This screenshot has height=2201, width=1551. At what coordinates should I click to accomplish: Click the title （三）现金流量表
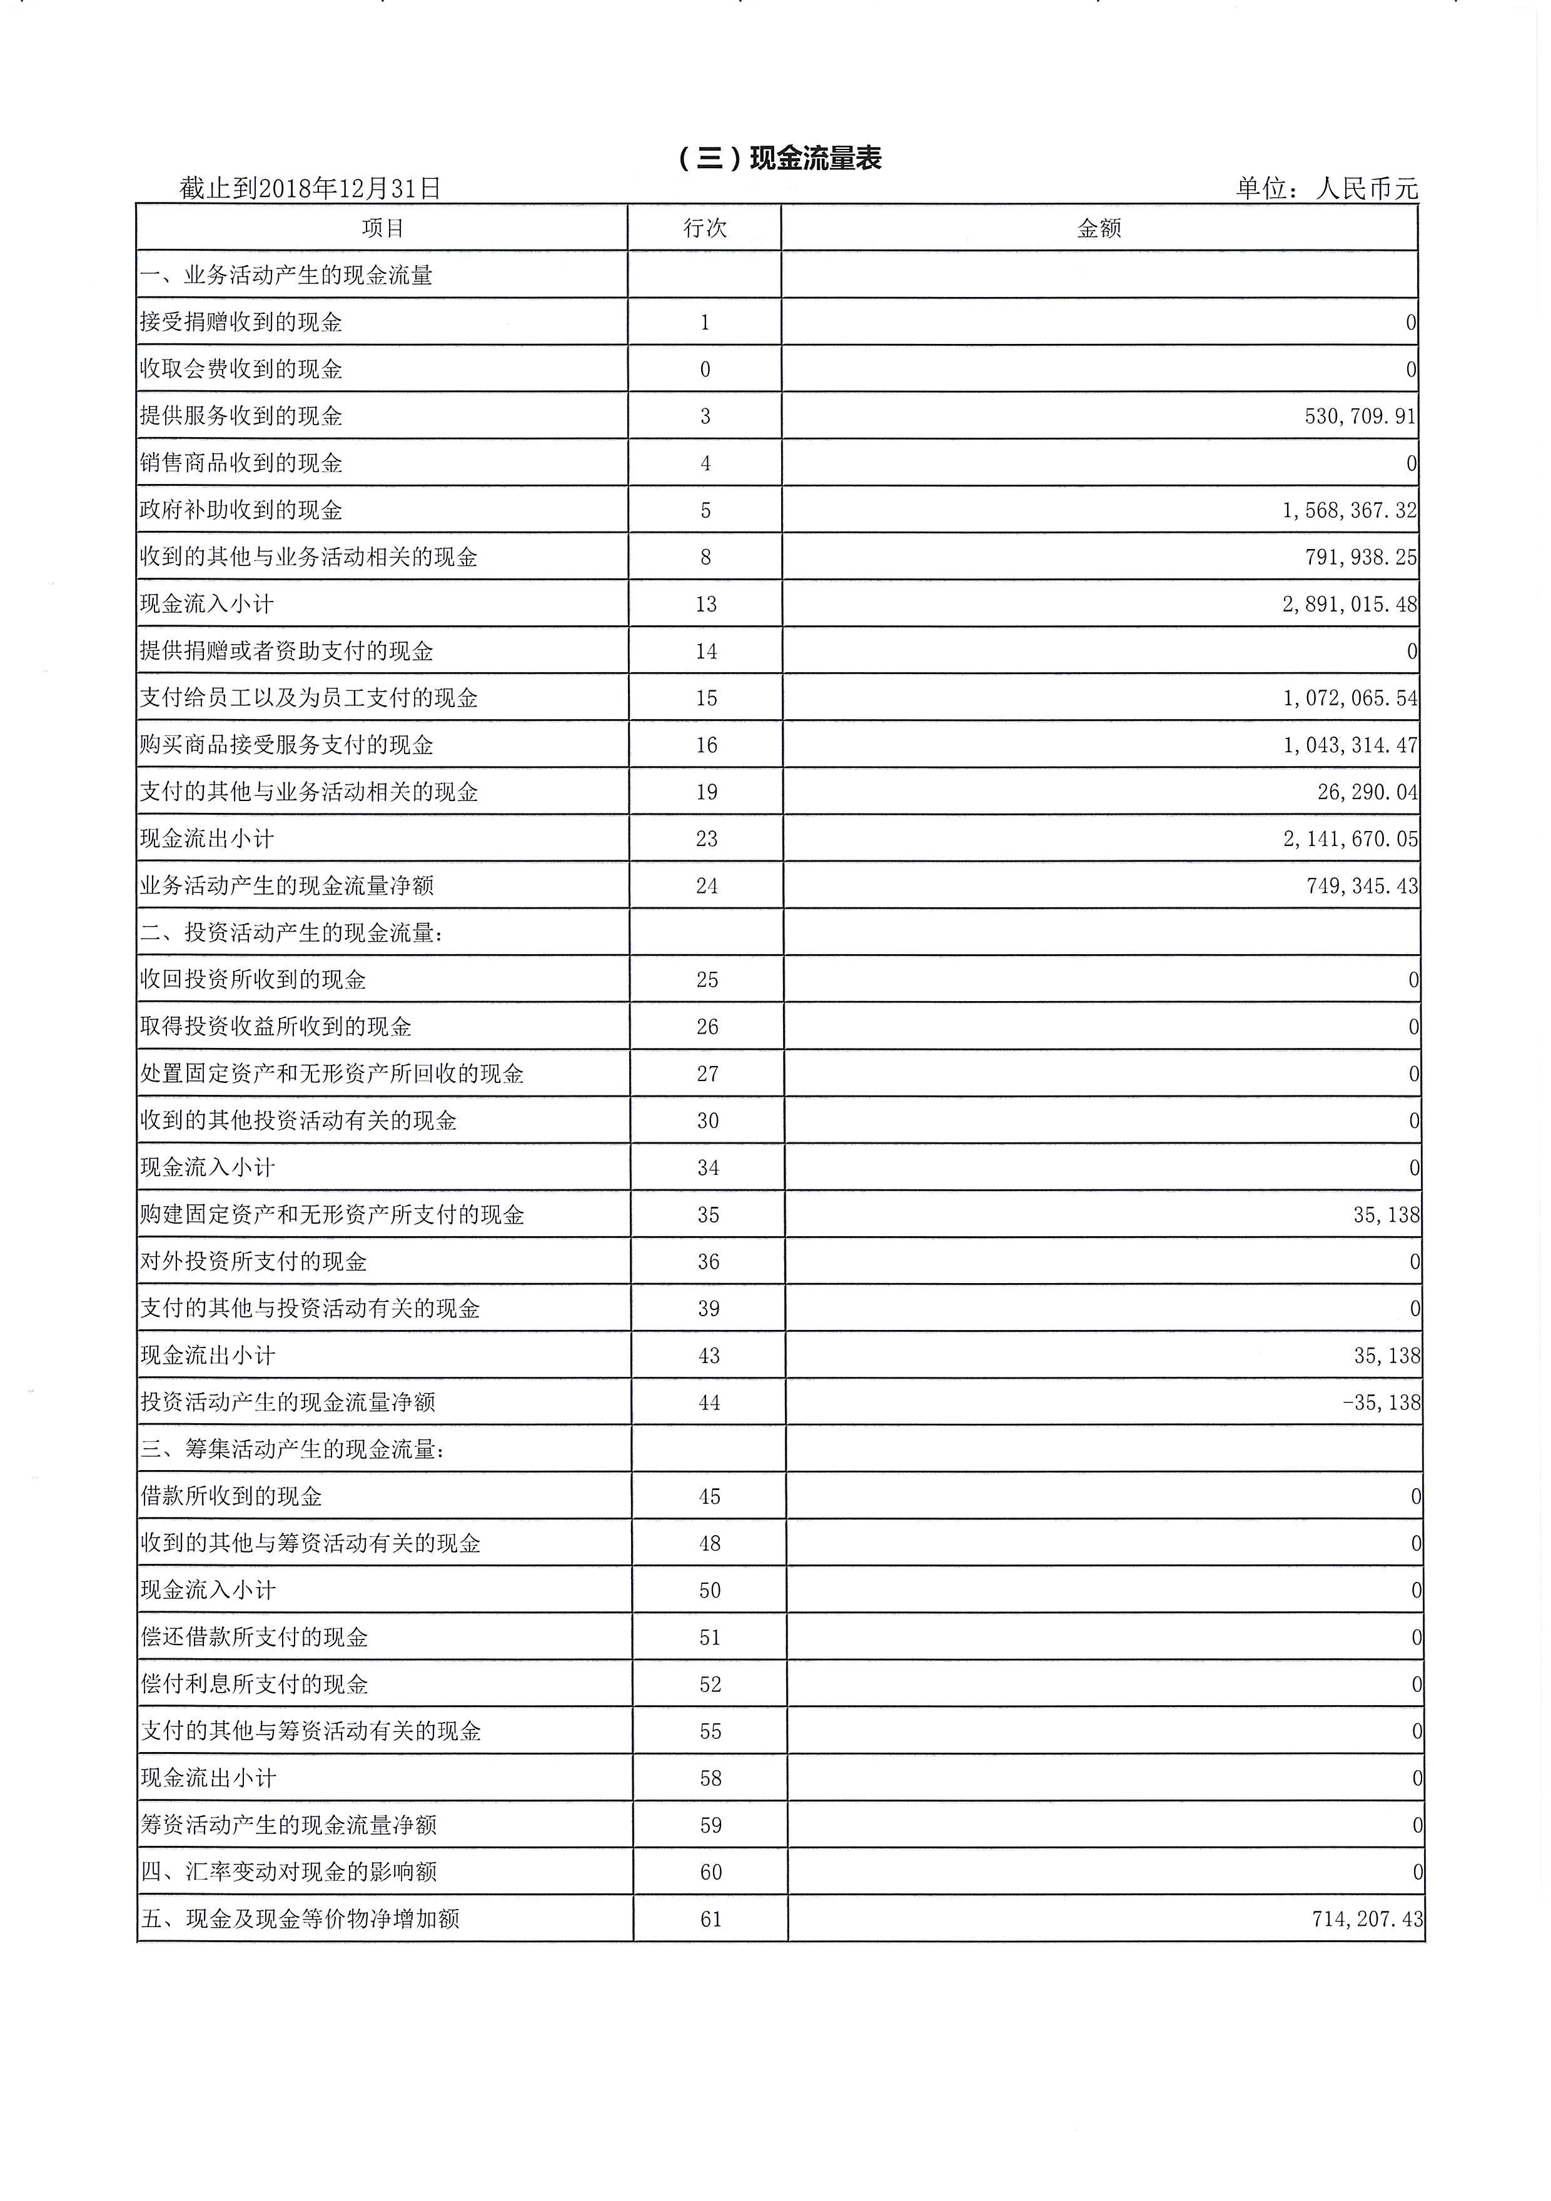click(x=779, y=158)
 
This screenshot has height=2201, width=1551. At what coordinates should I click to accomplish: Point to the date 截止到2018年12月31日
click(x=310, y=188)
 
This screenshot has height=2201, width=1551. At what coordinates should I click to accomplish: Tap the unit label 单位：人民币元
click(x=1326, y=188)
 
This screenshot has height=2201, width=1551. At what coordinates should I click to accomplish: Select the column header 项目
click(x=383, y=228)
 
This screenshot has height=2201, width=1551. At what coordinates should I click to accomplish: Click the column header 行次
click(x=705, y=228)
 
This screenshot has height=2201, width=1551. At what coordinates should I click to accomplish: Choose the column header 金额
click(x=1099, y=228)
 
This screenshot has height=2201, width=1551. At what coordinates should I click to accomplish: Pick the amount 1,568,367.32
click(x=1349, y=510)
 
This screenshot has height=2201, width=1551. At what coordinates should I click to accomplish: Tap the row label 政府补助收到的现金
click(x=241, y=510)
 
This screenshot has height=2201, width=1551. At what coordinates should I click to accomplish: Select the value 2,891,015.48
click(x=1349, y=604)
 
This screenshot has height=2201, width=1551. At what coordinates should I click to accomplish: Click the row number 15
click(x=707, y=698)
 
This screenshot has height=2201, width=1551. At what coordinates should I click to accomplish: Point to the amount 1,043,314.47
click(x=1350, y=745)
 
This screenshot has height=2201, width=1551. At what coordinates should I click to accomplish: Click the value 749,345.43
click(x=1362, y=886)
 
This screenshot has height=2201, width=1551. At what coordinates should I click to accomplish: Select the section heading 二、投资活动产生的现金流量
click(x=291, y=933)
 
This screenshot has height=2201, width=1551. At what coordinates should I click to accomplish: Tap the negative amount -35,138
click(x=1382, y=1403)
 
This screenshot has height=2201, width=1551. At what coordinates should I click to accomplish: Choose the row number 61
click(x=710, y=1919)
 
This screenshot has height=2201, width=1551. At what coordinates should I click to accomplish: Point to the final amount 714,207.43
click(x=1367, y=1919)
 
